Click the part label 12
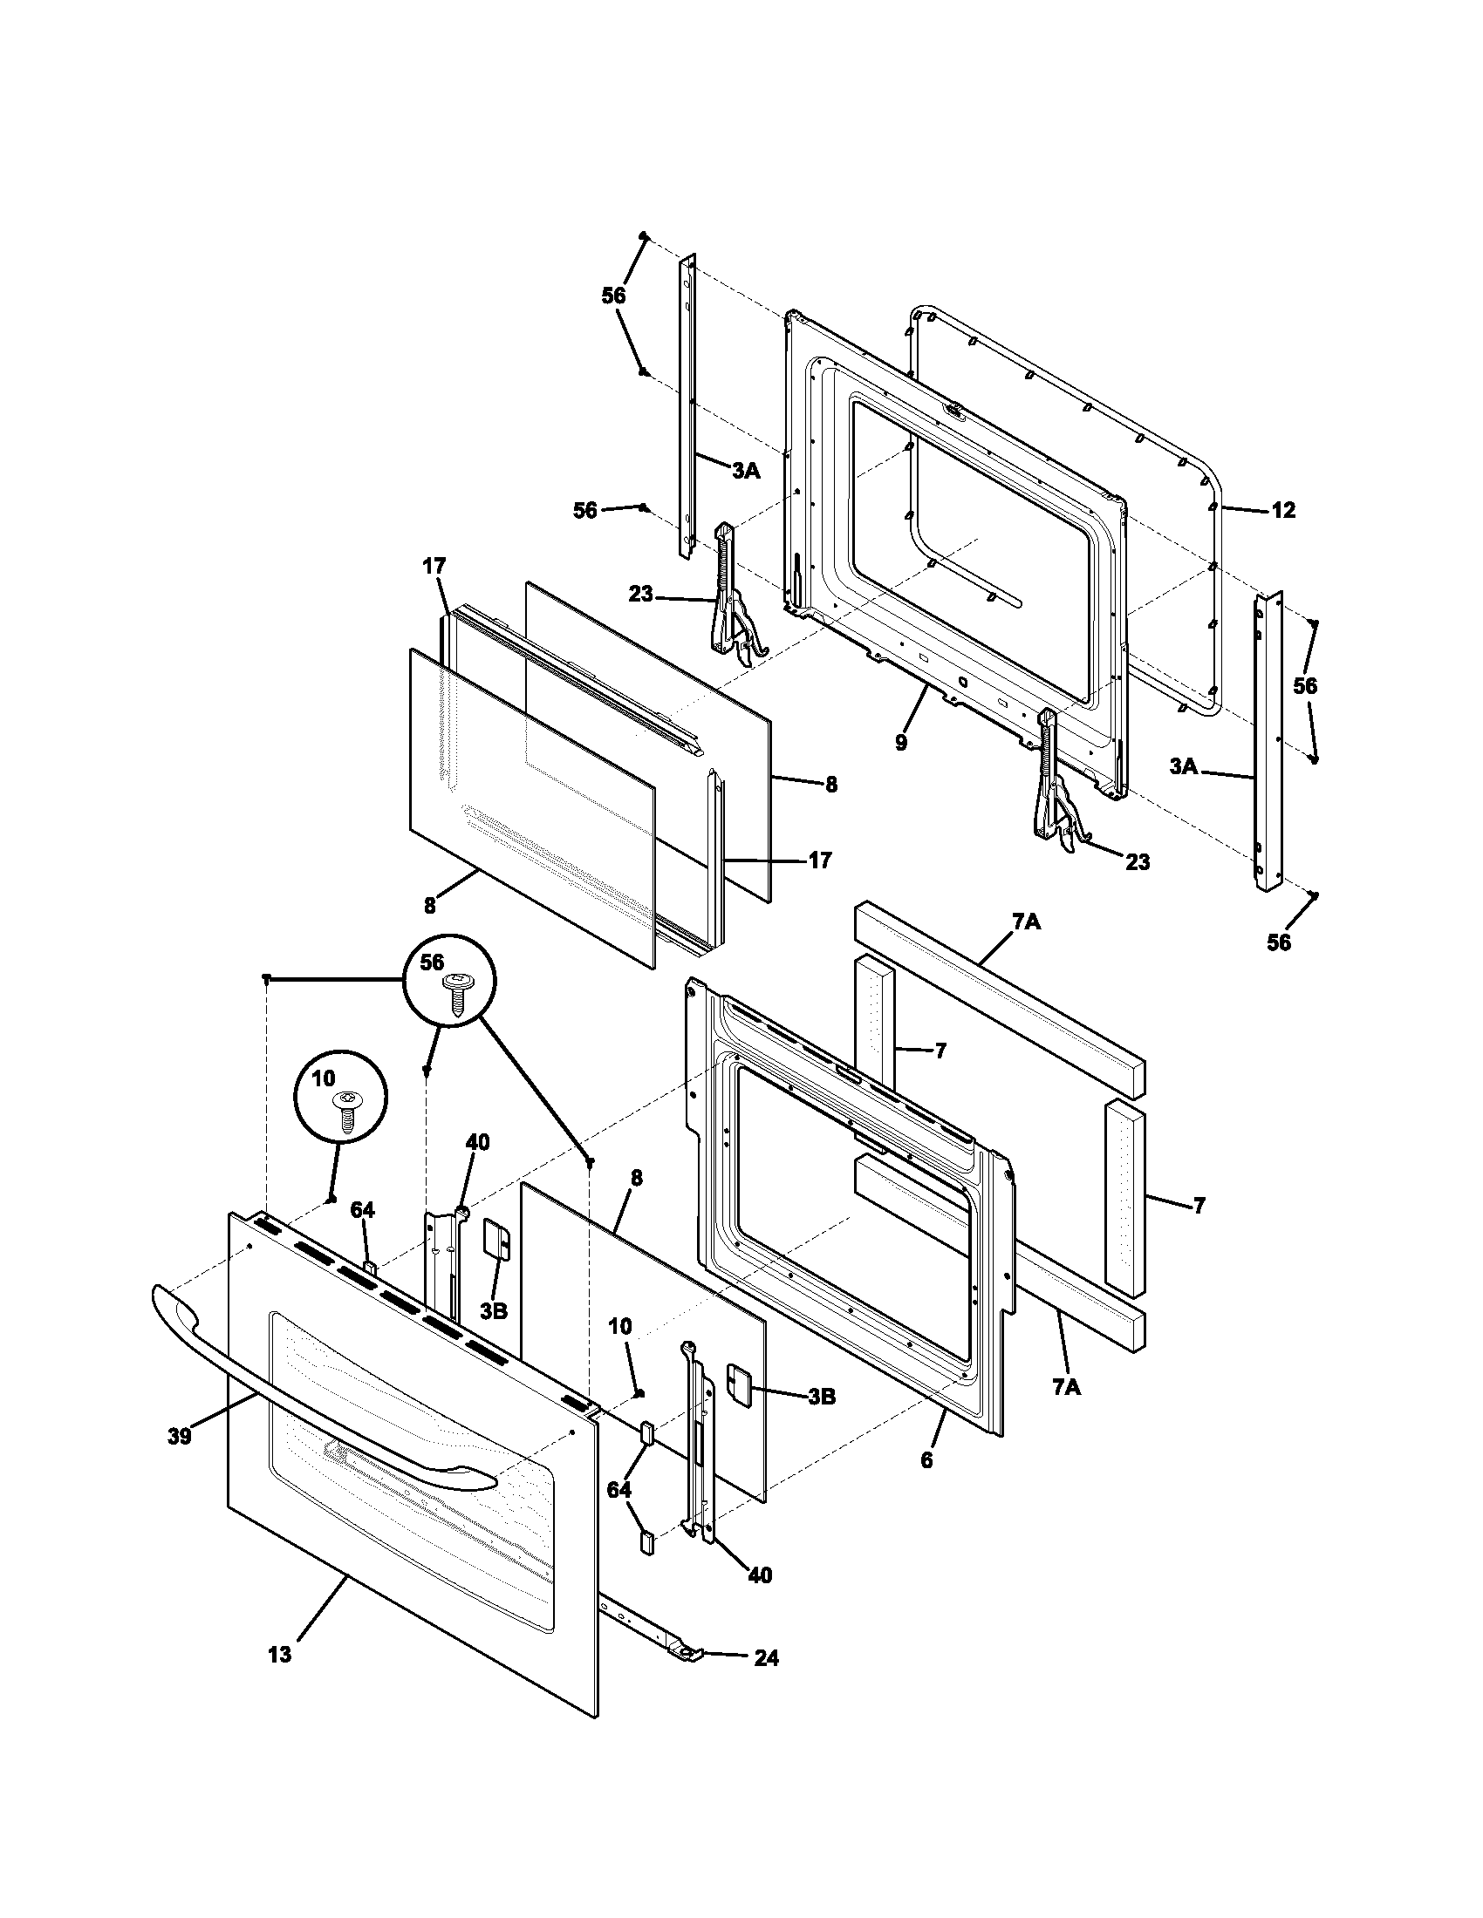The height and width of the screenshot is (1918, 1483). [x=1283, y=510]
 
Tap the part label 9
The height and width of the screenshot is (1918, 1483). [x=900, y=743]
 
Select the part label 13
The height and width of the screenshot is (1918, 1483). [x=279, y=1655]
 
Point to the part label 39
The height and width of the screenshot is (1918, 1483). [x=179, y=1437]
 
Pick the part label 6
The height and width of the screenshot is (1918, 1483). [x=926, y=1459]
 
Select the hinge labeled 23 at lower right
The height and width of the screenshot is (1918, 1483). [x=1055, y=808]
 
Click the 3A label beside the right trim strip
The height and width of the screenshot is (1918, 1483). [x=1183, y=766]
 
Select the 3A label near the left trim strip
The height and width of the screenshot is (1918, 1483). [x=745, y=471]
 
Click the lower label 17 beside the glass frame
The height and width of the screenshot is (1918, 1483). [x=819, y=860]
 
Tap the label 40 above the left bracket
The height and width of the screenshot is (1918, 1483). [x=477, y=1143]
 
